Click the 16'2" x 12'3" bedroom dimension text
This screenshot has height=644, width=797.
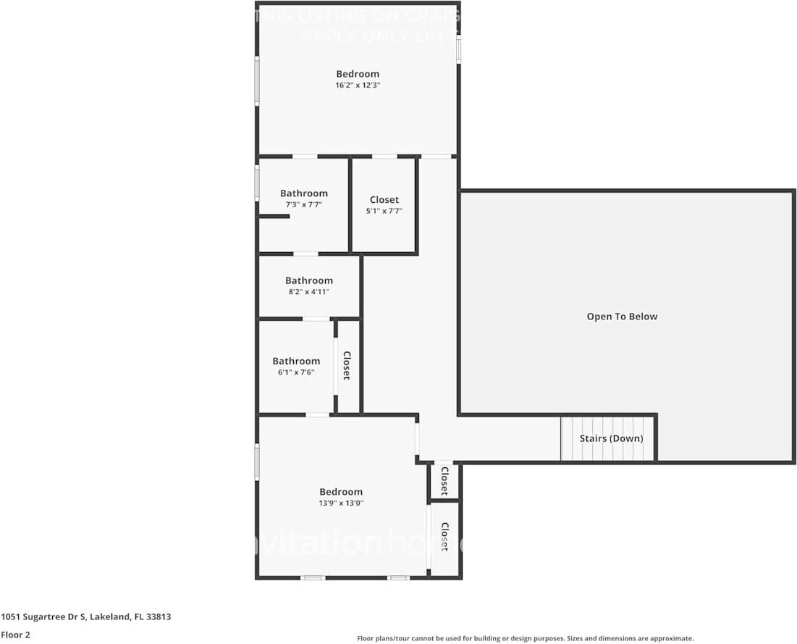(x=358, y=85)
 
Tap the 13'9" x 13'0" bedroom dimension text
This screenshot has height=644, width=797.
(x=340, y=503)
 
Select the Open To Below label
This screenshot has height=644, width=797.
(x=622, y=317)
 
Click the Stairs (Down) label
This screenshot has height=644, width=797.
(x=611, y=439)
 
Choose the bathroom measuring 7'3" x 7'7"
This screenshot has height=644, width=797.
(x=304, y=198)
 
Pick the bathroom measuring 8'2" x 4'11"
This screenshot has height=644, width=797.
(x=309, y=285)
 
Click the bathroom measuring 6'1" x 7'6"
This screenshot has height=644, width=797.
(x=296, y=366)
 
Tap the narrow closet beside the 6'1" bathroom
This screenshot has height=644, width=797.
(x=347, y=366)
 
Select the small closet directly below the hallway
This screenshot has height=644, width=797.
(x=444, y=480)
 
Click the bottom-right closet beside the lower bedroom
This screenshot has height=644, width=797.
(x=444, y=538)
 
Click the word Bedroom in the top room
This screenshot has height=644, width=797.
(x=358, y=74)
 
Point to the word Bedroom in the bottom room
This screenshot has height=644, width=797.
(x=340, y=492)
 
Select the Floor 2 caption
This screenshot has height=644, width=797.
(x=15, y=635)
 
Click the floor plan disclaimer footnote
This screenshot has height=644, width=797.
(x=526, y=638)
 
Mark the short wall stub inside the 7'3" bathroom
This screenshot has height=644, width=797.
(x=274, y=216)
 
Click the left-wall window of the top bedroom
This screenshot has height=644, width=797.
(x=257, y=80)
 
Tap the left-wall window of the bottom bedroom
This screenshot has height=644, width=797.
(x=257, y=461)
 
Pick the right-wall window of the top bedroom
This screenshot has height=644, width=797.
(x=458, y=49)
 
